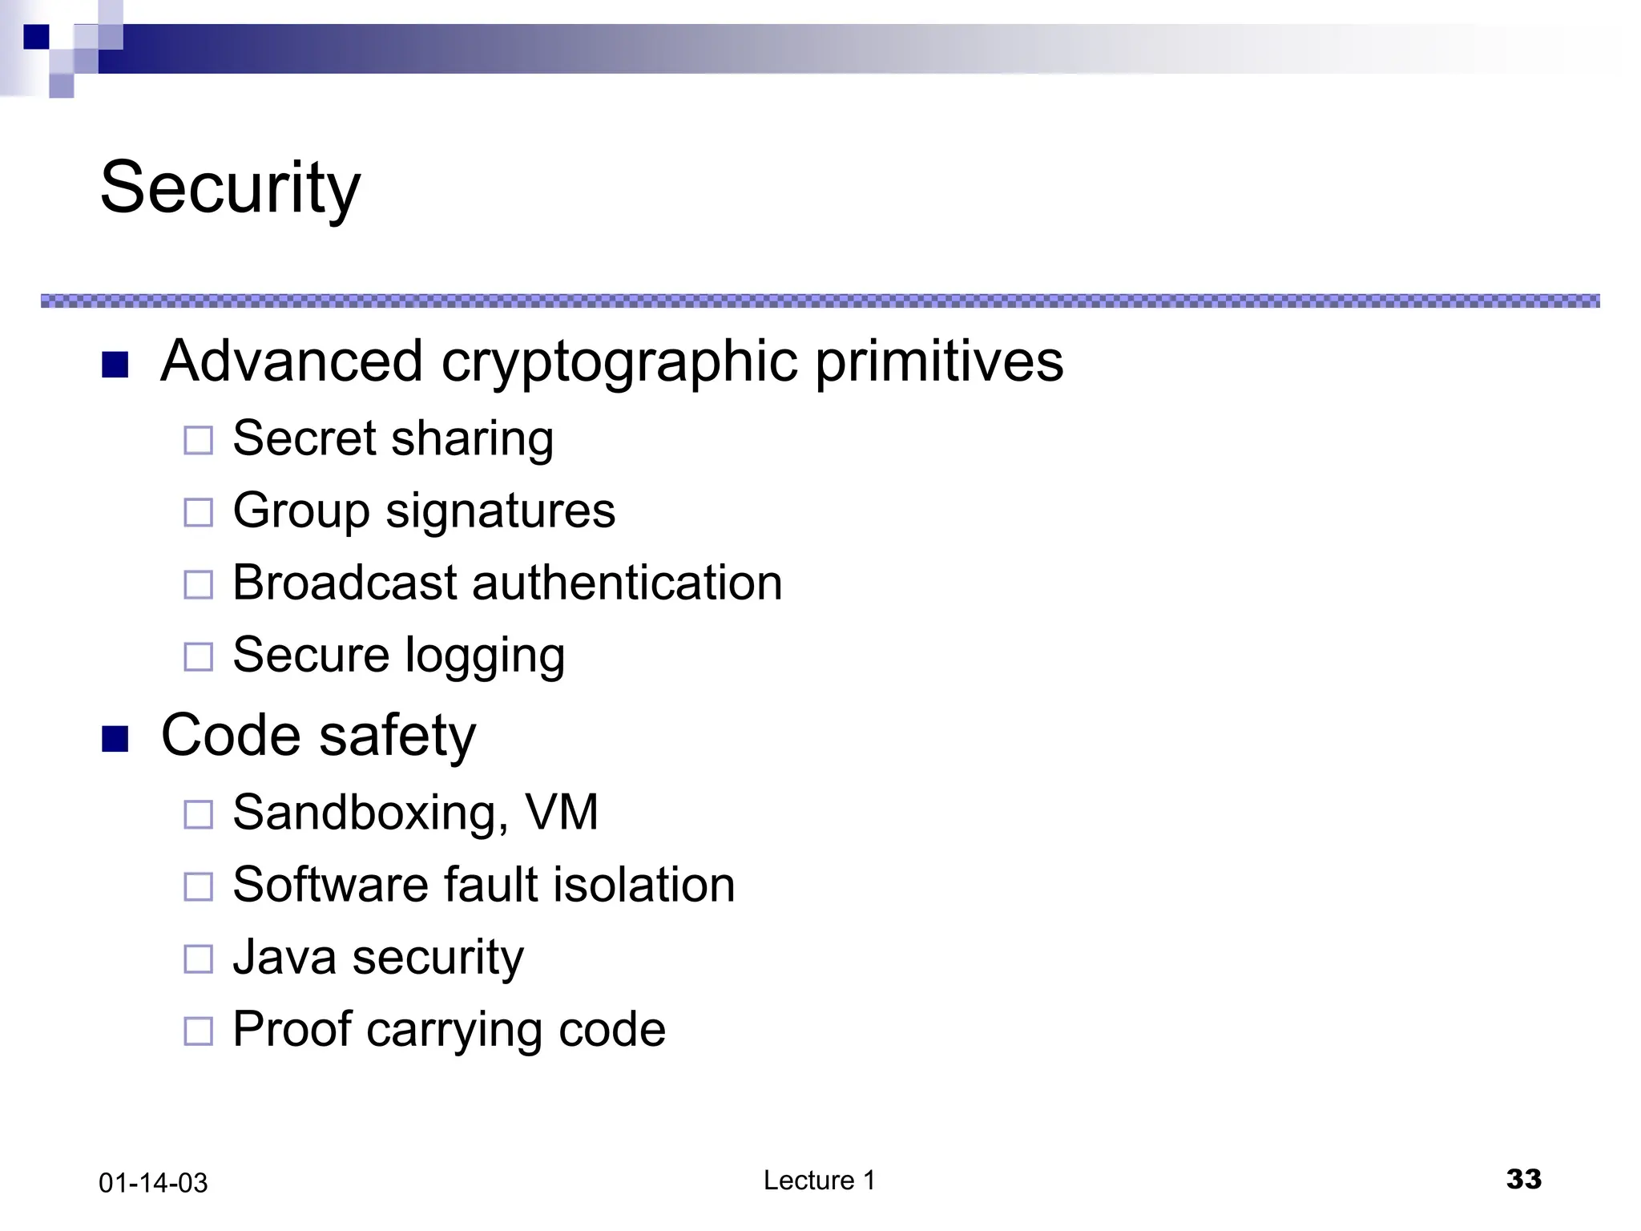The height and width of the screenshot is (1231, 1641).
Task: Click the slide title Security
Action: click(x=230, y=188)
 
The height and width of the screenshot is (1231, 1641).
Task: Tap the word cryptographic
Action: click(x=619, y=362)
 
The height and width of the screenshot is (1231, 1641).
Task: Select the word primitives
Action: click(x=939, y=362)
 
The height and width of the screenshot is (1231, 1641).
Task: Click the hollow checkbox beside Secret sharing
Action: click(x=198, y=440)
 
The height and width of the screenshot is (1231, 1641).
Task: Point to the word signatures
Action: click(x=500, y=511)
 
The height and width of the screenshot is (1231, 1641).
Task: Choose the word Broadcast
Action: click(x=345, y=583)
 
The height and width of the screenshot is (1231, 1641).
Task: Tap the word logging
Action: click(x=485, y=656)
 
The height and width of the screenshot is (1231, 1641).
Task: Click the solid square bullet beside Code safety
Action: click(x=115, y=738)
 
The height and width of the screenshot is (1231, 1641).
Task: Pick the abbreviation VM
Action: click(x=562, y=813)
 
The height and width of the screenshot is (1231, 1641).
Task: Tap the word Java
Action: click(x=284, y=957)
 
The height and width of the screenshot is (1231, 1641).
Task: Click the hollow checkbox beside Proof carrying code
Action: click(x=198, y=1031)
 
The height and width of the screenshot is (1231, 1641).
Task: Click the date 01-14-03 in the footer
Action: click(x=153, y=1183)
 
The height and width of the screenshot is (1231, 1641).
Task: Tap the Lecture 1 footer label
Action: click(x=819, y=1181)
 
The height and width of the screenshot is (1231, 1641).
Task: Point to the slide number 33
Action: click(x=1523, y=1179)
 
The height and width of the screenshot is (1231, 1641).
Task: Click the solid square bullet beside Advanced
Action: click(x=115, y=365)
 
